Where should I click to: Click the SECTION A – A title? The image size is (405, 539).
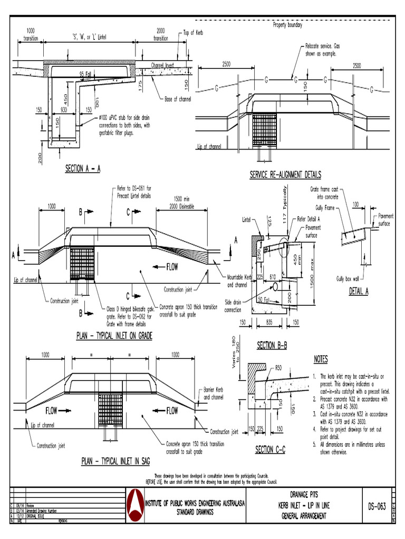click(x=83, y=169)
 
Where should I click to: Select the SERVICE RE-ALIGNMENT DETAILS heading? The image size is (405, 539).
click(x=285, y=175)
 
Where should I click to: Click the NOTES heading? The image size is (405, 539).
click(x=321, y=360)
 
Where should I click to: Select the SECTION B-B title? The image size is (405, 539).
click(x=272, y=346)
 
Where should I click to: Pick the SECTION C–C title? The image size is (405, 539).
click(x=271, y=450)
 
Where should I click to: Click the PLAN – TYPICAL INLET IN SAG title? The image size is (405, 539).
click(x=115, y=462)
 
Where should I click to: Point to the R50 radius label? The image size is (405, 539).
click(x=279, y=368)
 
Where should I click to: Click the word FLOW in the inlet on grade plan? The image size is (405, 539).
click(x=172, y=267)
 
